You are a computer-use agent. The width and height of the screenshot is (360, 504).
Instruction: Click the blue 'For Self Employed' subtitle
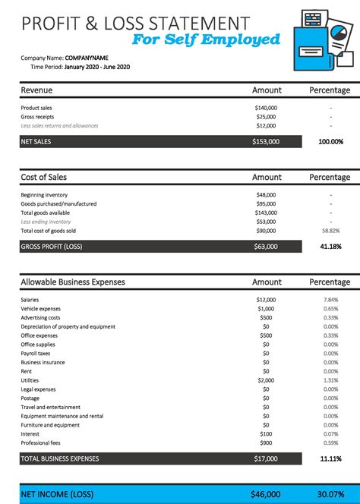click(206, 39)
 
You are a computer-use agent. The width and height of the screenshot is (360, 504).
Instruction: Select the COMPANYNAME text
click(87, 58)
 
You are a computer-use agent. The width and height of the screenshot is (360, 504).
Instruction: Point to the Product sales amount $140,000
click(266, 108)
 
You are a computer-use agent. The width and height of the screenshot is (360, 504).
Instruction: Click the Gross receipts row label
click(37, 116)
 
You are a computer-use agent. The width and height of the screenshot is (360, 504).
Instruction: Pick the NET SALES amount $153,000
click(266, 141)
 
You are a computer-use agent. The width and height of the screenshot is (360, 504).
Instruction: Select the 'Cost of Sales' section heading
click(43, 177)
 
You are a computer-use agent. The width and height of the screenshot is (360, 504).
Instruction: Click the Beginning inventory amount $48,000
click(266, 195)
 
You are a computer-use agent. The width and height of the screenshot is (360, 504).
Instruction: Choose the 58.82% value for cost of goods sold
click(330, 230)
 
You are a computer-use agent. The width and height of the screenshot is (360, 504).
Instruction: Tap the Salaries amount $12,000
click(266, 300)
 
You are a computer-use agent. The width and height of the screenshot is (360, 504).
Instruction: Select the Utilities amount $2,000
click(266, 380)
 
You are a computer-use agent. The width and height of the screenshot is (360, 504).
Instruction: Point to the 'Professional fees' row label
click(41, 443)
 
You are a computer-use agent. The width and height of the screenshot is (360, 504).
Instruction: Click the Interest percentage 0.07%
click(330, 433)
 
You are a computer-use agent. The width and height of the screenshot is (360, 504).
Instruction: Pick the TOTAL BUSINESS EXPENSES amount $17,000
click(266, 458)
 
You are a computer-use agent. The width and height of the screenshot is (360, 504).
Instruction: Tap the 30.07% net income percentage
click(330, 493)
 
